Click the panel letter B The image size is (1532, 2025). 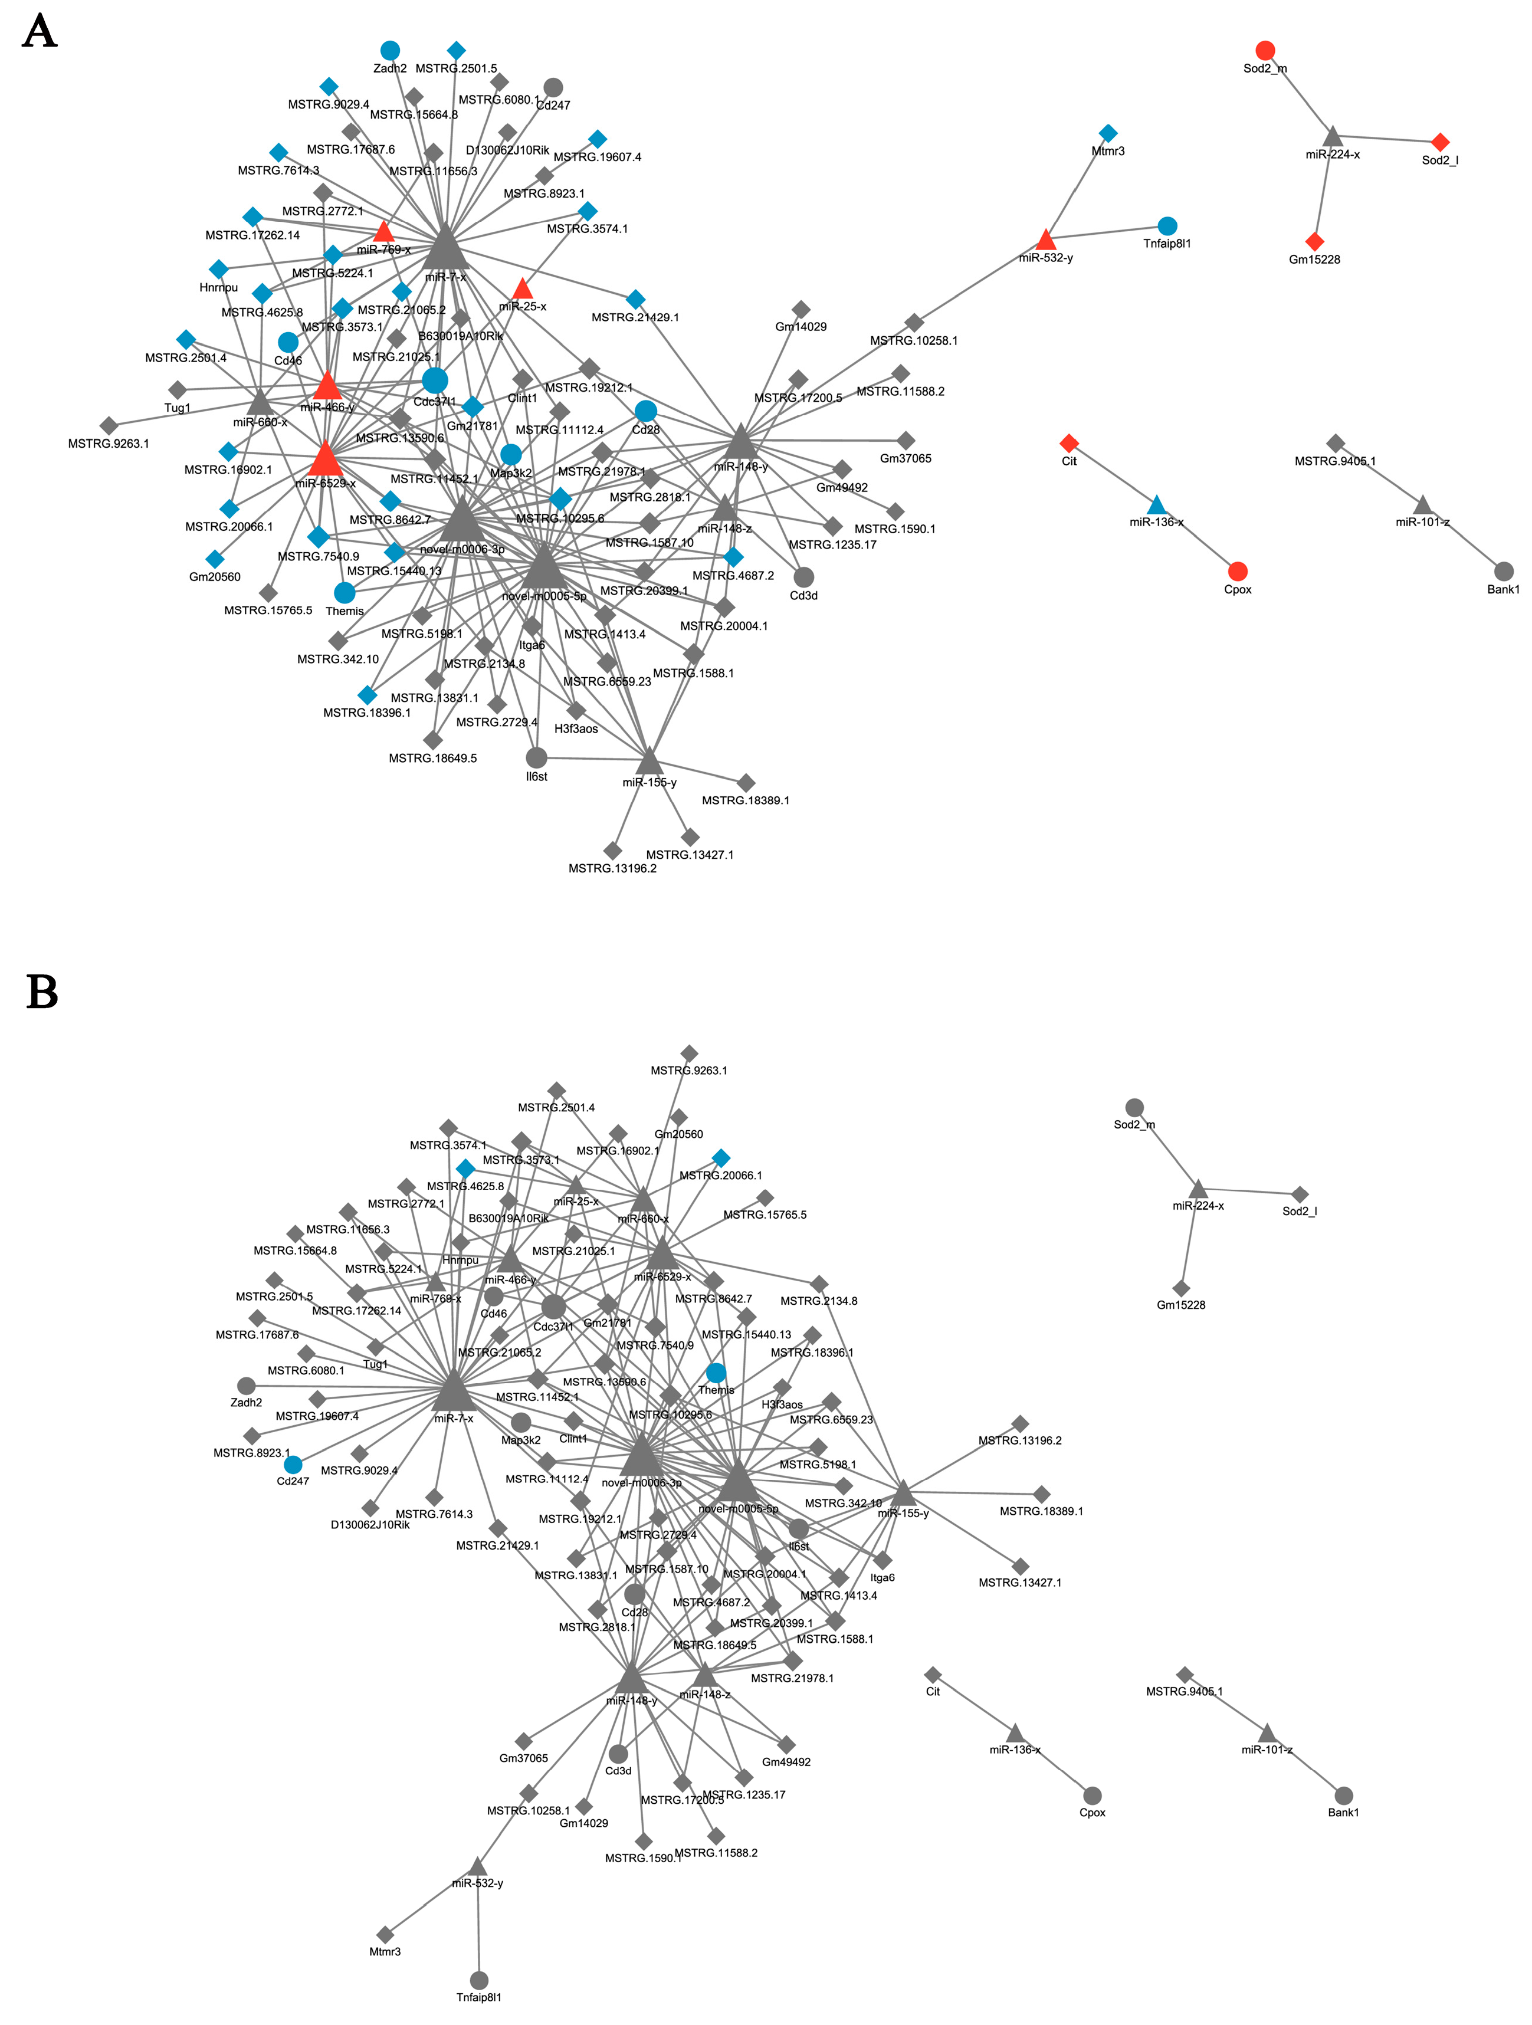[x=42, y=992]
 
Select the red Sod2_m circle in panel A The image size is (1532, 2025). [x=1265, y=50]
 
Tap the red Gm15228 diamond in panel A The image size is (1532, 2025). [x=1314, y=242]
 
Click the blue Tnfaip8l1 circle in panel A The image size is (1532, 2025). [x=1167, y=226]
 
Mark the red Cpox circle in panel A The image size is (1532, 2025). [x=1237, y=571]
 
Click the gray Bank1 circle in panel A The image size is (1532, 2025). [x=1503, y=571]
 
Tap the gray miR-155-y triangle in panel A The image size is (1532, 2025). [x=649, y=762]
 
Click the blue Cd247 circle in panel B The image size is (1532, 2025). [x=293, y=1465]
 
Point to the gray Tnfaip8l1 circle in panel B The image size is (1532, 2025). [x=478, y=1980]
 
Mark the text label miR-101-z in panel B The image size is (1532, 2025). [x=1267, y=1750]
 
